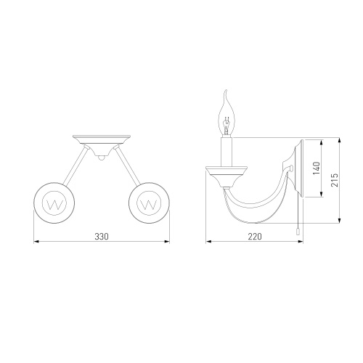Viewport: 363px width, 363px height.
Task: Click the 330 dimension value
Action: coord(102,237)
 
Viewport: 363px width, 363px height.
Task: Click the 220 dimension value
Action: coord(255,237)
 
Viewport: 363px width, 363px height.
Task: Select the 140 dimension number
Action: coord(317,168)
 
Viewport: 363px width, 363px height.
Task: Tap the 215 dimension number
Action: coord(335,180)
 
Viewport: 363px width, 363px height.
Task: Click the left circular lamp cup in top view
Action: coord(54,203)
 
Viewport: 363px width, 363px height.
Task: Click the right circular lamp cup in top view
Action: coord(149,203)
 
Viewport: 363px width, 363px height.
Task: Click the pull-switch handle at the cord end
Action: coord(298,232)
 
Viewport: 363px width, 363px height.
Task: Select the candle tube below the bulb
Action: coord(227,152)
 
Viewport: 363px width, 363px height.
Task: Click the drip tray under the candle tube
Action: coord(227,176)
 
